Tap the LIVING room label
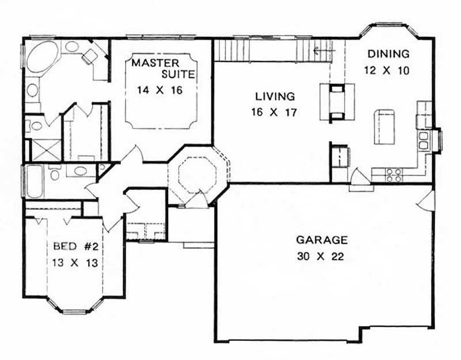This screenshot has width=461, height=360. click(x=275, y=97)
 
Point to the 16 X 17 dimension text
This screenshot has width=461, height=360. click(x=275, y=113)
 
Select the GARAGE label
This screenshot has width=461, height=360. click(x=322, y=240)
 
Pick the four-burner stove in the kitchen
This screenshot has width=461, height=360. click(x=393, y=175)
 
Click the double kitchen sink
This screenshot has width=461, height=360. click(x=424, y=140)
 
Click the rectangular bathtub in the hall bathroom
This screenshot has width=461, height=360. click(x=34, y=180)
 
